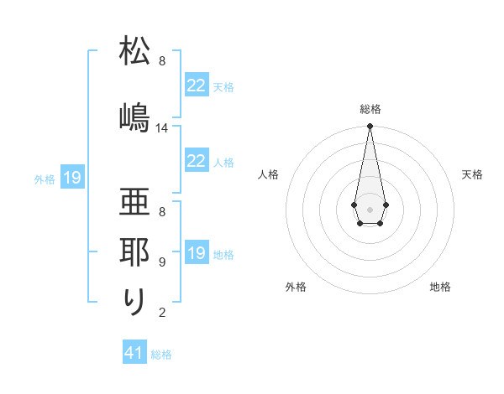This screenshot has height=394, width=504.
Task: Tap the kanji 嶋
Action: [134, 117]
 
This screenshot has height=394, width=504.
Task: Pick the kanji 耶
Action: [134, 251]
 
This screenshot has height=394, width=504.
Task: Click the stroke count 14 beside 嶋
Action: [162, 128]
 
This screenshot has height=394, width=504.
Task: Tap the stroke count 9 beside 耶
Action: [162, 262]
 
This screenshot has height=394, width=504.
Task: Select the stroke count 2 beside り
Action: [162, 313]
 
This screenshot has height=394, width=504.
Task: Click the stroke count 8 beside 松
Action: [162, 61]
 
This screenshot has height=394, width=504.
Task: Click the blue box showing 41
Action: [134, 353]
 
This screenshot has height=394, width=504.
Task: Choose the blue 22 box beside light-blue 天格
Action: [197, 86]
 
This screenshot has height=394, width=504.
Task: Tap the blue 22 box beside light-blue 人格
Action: [197, 162]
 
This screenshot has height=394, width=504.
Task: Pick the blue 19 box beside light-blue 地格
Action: [197, 253]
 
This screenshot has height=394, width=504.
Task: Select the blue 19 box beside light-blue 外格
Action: [72, 178]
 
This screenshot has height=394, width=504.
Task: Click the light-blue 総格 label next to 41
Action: [161, 355]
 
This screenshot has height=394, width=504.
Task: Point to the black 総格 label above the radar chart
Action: [370, 110]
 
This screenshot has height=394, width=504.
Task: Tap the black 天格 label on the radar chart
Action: [472, 174]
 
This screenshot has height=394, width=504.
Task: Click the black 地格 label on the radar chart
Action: [440, 288]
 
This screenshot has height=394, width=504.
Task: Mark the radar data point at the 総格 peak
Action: [370, 127]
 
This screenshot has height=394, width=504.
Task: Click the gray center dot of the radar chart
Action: [370, 208]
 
